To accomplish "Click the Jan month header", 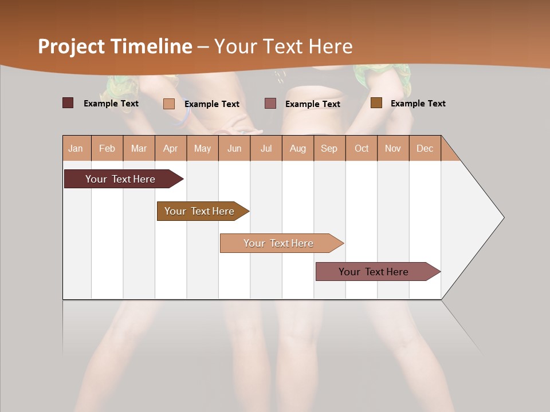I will pyautogui.click(x=76, y=148).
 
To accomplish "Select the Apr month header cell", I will pyautogui.click(x=171, y=148).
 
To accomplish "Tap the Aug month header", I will pyautogui.click(x=298, y=148).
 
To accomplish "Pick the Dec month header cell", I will pyautogui.click(x=425, y=148).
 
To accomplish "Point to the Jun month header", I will pyautogui.click(x=234, y=148).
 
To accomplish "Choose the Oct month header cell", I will pyautogui.click(x=362, y=148).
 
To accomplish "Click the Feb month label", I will pyautogui.click(x=107, y=148).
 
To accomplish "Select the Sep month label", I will pyautogui.click(x=329, y=148).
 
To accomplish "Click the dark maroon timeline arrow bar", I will pyautogui.click(x=120, y=179).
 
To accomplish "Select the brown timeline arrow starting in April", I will pyautogui.click(x=199, y=211).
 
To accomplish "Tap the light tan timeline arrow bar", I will pyautogui.click(x=278, y=243).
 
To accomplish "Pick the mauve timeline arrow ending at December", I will pyautogui.click(x=374, y=272).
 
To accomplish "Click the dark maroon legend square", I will pyautogui.click(x=68, y=103).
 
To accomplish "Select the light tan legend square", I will pyautogui.click(x=168, y=104).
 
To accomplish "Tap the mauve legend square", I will pyautogui.click(x=270, y=103).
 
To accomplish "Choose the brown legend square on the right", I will pyautogui.click(x=376, y=103).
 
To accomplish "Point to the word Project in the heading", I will pyautogui.click(x=71, y=46).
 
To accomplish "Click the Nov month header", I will pyautogui.click(x=393, y=148).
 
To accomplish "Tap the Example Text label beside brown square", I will pyautogui.click(x=418, y=103).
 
